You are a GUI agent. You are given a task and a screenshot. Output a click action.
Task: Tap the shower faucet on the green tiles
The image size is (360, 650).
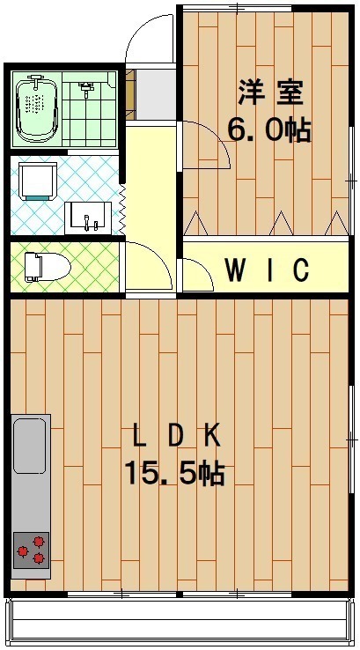tap(86, 88)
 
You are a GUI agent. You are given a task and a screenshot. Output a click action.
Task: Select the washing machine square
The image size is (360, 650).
tap(38, 181)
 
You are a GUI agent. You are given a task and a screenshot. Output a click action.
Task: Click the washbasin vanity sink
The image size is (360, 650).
tap(88, 216)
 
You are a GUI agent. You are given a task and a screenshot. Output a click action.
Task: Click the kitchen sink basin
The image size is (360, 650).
tap(31, 446)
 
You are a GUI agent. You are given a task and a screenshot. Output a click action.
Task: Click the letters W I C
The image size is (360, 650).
tap(267, 270)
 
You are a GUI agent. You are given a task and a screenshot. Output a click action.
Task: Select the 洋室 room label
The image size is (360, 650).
tap(270, 92)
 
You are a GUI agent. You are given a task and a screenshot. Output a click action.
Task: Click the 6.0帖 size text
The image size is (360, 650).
tap(268, 130)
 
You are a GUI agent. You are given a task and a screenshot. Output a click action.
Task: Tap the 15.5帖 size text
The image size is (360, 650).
tap(173, 475)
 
